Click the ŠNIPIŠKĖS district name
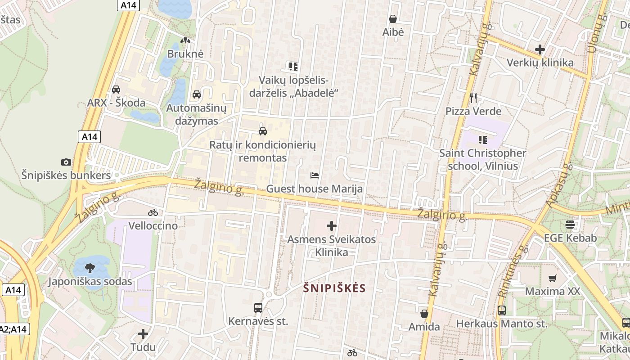click(x=334, y=288)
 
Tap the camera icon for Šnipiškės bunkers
click(x=66, y=162)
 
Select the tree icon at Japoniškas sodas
click(x=90, y=268)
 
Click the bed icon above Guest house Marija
click(x=315, y=175)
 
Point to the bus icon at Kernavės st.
click(x=258, y=308)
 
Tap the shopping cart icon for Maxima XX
click(x=553, y=278)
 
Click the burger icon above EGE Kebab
click(x=570, y=224)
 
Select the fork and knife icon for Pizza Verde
click(x=473, y=98)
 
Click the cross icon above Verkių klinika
click(x=540, y=49)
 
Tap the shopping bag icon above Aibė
click(x=393, y=19)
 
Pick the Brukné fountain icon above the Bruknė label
click(x=185, y=40)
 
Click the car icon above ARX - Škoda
click(x=116, y=89)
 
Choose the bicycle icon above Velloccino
click(x=153, y=212)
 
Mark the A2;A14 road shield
click(x=13, y=329)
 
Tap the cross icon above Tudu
click(x=143, y=334)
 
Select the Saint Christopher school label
click(x=482, y=159)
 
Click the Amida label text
click(x=424, y=327)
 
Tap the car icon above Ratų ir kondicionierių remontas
click(x=263, y=131)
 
